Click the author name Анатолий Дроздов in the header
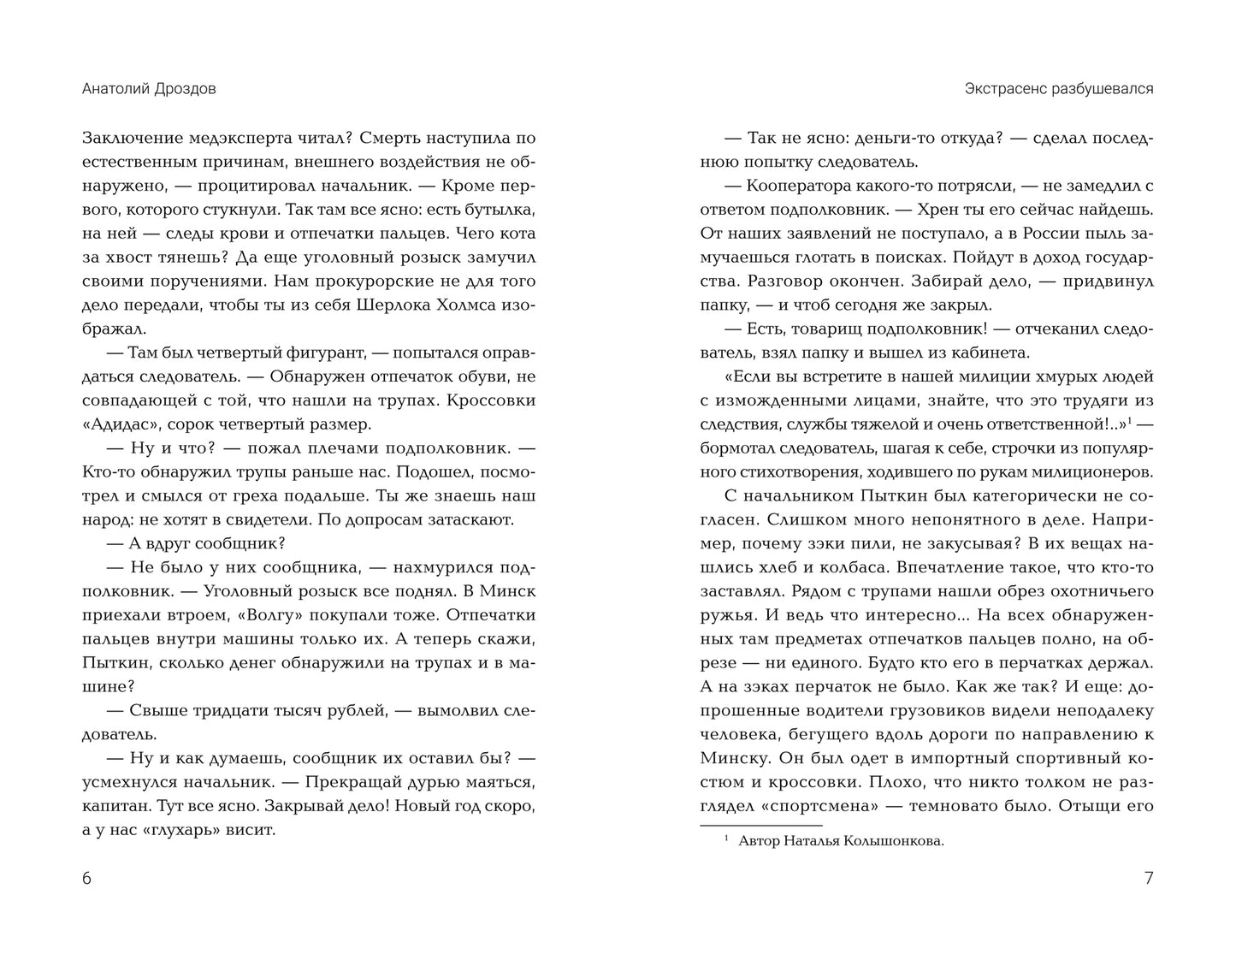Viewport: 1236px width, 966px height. click(x=149, y=89)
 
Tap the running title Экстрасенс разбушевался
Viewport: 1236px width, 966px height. click(x=1059, y=89)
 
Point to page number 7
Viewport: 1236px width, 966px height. click(x=1149, y=878)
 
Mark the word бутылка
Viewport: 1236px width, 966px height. click(x=498, y=209)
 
